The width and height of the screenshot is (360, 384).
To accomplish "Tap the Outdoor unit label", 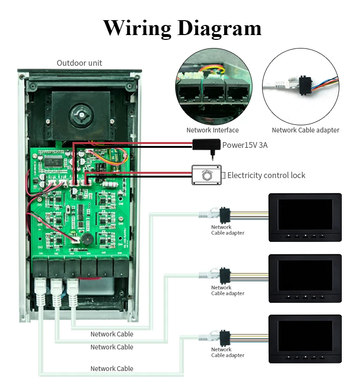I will [x=79, y=63].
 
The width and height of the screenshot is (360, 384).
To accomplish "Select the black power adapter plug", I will [x=206, y=144].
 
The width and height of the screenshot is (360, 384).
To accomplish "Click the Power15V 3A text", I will [x=245, y=145].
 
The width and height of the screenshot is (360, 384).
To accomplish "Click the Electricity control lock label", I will [x=266, y=175].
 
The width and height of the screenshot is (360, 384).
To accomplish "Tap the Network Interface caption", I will [x=212, y=130].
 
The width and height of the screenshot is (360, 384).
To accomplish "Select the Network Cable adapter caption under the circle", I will [x=305, y=130].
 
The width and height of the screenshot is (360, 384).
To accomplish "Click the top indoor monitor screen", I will [x=305, y=214].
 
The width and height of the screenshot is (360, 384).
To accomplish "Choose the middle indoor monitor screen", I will [x=305, y=275].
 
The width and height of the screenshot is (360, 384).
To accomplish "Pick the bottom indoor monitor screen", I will [x=305, y=336].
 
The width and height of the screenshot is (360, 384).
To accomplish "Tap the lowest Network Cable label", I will [x=112, y=369].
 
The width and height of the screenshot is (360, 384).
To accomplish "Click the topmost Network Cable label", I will [x=112, y=334].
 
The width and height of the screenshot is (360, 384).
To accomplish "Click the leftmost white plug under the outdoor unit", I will [x=40, y=291].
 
